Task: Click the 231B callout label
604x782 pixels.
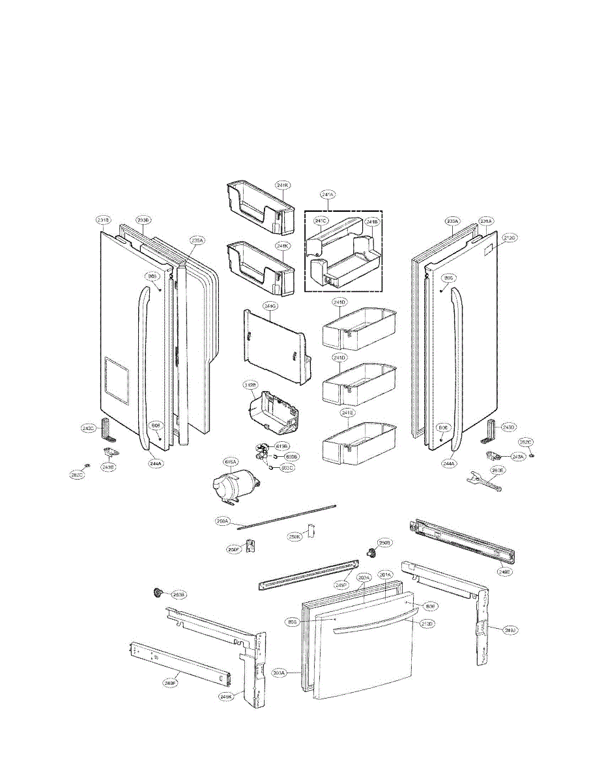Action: pyautogui.click(x=104, y=220)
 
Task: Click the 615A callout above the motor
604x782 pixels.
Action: pyautogui.click(x=231, y=462)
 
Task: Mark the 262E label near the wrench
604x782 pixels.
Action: pyautogui.click(x=498, y=469)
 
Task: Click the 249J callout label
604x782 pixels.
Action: pyautogui.click(x=510, y=630)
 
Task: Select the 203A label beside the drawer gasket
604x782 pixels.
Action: pyautogui.click(x=280, y=672)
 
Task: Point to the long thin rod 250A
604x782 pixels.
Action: pyautogui.click(x=293, y=514)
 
